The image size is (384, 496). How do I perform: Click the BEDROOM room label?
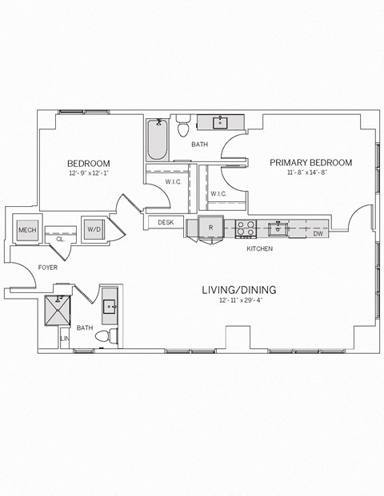[88, 163]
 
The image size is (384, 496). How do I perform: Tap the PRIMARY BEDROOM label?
[310, 162]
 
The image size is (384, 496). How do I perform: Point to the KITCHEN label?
[259, 249]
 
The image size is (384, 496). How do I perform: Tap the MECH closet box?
[27, 230]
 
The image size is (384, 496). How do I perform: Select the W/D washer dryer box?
[94, 230]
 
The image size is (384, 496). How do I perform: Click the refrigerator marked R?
[210, 227]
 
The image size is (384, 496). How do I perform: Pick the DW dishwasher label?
[318, 233]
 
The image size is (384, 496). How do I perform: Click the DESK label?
[166, 223]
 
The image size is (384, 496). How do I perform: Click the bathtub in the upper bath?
[155, 141]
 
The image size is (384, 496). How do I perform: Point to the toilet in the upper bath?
[183, 125]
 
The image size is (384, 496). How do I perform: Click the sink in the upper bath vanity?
[220, 122]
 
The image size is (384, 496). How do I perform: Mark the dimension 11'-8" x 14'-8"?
[310, 173]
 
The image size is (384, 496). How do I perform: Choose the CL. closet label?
[60, 239]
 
